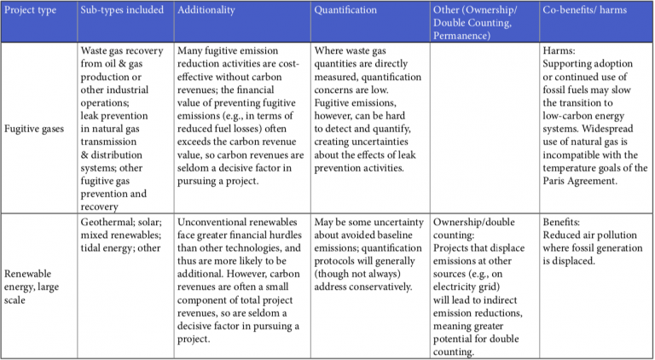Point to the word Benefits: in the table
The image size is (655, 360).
pyautogui.click(x=565, y=219)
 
